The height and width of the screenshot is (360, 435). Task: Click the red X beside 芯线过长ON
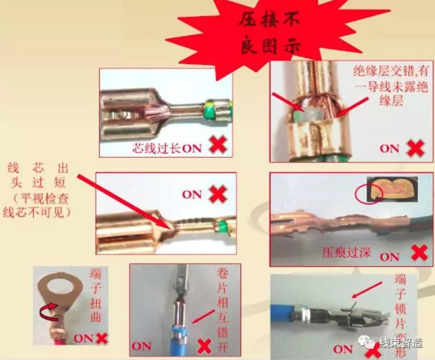point(218,145)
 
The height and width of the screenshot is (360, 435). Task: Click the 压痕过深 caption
point(346,253)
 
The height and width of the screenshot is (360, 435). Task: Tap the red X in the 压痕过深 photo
point(420,253)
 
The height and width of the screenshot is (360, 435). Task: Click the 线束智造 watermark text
point(401,342)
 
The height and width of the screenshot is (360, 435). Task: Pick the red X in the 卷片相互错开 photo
point(204,346)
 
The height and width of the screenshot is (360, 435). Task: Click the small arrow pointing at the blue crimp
point(203,317)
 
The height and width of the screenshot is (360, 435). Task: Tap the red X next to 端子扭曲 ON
point(102,338)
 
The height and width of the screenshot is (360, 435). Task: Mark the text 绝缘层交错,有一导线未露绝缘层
point(390,86)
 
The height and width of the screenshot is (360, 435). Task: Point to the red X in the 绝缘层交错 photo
point(415,148)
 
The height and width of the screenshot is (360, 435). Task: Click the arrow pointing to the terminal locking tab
point(367,290)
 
